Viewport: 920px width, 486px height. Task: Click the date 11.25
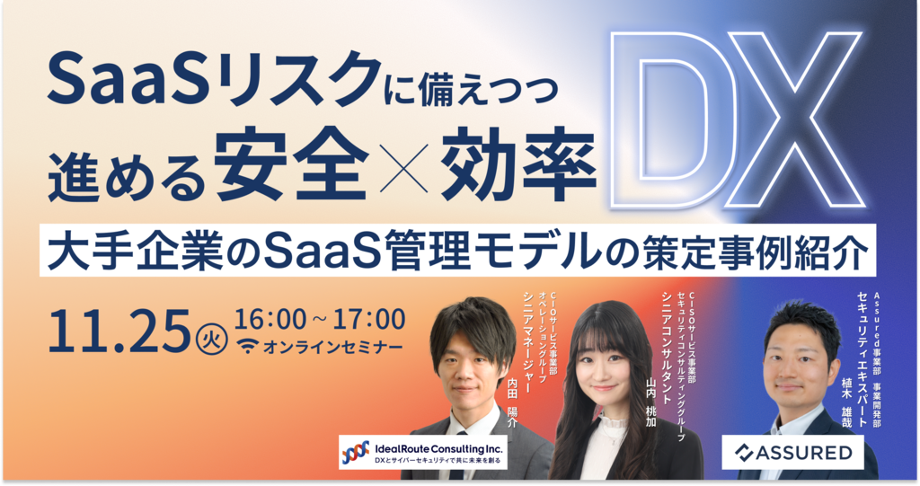pos(119,331)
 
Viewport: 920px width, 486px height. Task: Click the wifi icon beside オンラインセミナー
pos(248,347)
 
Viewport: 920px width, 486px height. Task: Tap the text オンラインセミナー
pos(332,348)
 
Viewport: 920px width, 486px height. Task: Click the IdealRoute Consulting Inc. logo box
pos(422,453)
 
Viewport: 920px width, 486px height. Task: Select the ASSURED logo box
pos(792,453)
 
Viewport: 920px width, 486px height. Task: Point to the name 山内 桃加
pos(650,402)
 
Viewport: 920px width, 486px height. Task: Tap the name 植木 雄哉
pos(846,402)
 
